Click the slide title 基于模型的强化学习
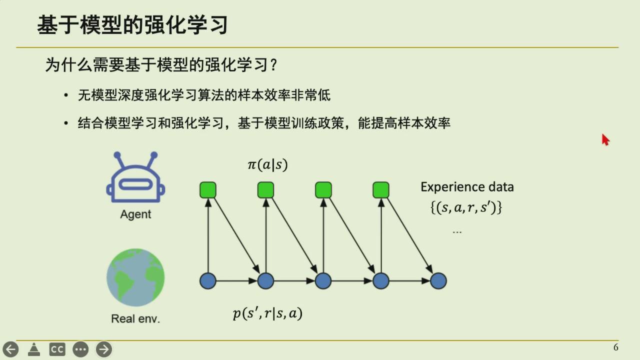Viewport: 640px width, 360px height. coord(132,25)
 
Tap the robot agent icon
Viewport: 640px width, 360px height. coord(135,177)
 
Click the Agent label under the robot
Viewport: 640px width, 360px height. coord(135,214)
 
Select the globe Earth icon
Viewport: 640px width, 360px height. coord(135,277)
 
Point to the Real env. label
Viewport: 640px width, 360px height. coord(135,318)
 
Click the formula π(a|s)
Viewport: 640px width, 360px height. coord(267,165)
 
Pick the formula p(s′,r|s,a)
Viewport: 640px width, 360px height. coord(267,313)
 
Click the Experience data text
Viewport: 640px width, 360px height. coord(467,187)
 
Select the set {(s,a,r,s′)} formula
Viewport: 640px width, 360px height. coord(466,207)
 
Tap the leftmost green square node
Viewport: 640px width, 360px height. coord(208,190)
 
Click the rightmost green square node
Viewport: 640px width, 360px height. coord(381,190)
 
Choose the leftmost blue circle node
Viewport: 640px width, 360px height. coord(207,281)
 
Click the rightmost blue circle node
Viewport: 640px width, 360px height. coord(438,281)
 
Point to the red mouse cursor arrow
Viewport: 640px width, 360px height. coord(605,139)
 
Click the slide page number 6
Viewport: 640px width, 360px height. coord(616,347)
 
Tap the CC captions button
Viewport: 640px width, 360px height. coord(57,349)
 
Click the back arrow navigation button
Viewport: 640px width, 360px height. coord(11,349)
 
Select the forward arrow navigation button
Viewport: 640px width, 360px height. coord(104,349)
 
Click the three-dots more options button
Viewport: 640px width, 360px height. coord(80,349)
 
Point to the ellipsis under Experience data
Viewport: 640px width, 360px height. coord(457,232)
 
